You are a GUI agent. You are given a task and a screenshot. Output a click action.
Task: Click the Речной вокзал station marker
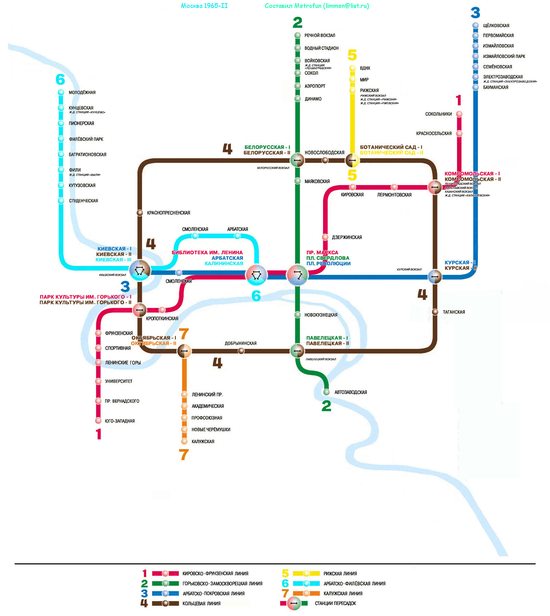click(x=298, y=35)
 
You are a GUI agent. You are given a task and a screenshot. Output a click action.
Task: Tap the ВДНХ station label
click(x=365, y=68)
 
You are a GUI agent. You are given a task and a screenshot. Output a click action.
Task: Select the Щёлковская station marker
click(x=475, y=25)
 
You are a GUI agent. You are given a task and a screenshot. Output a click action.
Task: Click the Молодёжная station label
click(x=82, y=93)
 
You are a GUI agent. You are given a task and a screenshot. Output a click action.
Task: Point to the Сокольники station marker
click(x=459, y=114)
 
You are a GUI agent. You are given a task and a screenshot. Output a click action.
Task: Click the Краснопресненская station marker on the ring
click(x=140, y=213)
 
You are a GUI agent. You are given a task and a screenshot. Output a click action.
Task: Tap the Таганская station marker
click(x=435, y=312)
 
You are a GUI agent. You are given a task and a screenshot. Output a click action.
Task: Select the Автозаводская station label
click(x=351, y=392)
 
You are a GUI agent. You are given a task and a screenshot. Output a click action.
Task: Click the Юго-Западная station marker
click(x=98, y=421)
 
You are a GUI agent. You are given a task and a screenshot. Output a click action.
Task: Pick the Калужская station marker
click(x=185, y=441)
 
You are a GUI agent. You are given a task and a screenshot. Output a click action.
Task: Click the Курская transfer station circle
click(x=435, y=276)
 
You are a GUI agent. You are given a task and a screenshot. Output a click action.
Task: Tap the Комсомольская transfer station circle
click(x=435, y=187)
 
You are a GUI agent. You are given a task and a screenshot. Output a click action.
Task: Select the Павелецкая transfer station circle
click(x=297, y=351)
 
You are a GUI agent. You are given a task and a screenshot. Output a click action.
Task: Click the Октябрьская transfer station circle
click(x=184, y=351)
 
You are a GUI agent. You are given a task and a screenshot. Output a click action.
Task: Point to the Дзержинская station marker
click(x=325, y=237)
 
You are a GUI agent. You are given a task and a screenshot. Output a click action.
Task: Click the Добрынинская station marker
click(x=241, y=351)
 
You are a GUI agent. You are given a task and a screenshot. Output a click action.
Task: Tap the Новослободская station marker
click(x=325, y=160)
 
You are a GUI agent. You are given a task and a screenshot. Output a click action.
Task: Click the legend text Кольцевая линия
click(x=201, y=603)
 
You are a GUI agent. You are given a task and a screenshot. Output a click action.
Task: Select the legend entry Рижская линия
click(x=340, y=574)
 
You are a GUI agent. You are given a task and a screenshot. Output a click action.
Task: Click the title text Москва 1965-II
click(x=204, y=6)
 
